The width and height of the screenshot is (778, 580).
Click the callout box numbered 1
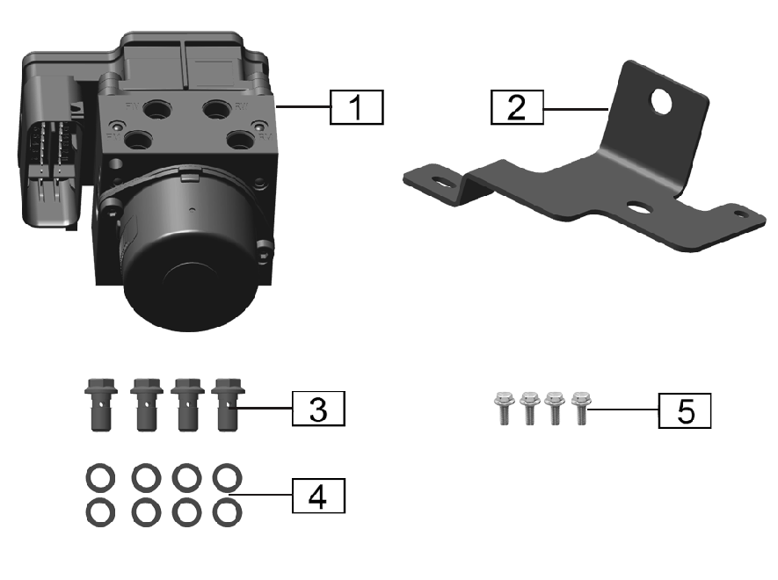356,109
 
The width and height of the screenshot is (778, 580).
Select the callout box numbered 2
517,108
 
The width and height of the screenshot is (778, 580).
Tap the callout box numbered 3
318,410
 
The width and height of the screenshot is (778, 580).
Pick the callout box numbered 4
318,497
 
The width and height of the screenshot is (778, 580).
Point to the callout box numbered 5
685,410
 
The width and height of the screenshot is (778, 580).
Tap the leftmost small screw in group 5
504,409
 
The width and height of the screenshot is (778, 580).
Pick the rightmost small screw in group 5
579,409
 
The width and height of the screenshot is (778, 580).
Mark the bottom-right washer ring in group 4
228,510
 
